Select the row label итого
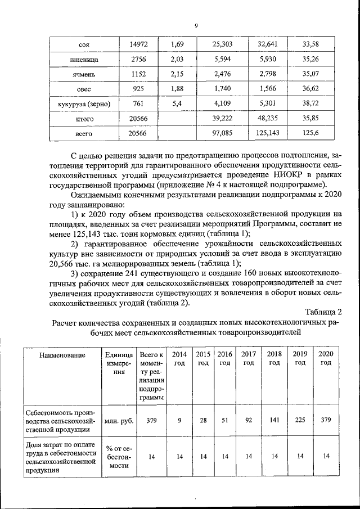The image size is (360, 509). (84, 119)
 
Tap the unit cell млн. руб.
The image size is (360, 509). (119, 420)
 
